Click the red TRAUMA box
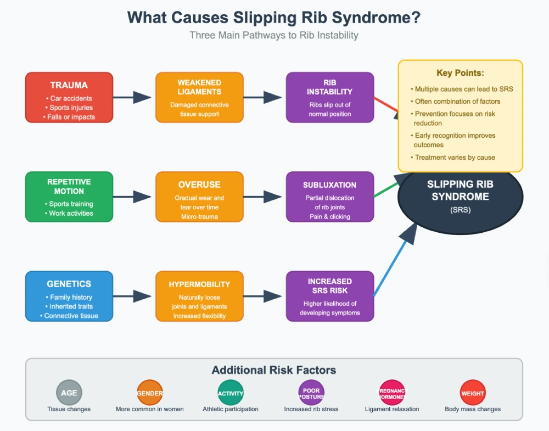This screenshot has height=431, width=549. [x=69, y=97]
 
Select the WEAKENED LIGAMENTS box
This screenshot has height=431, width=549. [x=200, y=97]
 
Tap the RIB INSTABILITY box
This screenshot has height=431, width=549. [x=330, y=97]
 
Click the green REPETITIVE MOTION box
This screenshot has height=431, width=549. [x=69, y=197]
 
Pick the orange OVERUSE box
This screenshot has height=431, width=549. [x=200, y=197]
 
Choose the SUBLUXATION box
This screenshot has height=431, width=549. [x=330, y=197]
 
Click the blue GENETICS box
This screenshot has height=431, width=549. [x=69, y=296]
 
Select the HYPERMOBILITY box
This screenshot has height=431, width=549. [x=200, y=296]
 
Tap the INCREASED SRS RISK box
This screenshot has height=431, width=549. [x=330, y=296]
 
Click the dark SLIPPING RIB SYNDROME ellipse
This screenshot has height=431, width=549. [x=460, y=210]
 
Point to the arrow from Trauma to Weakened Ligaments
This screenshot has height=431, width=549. [x=132, y=97]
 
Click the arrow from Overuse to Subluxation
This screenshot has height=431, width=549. [x=262, y=197]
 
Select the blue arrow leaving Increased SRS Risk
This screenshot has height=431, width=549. [x=396, y=260]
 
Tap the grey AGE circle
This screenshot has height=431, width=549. [x=69, y=393]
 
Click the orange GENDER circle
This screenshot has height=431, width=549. [x=150, y=393]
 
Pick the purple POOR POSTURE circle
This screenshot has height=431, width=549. [x=311, y=393]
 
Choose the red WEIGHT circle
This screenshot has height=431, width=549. [x=473, y=393]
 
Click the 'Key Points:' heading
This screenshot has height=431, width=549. [x=460, y=73]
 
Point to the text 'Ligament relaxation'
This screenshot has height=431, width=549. [x=392, y=409]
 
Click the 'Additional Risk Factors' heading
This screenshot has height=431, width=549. [x=274, y=370]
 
